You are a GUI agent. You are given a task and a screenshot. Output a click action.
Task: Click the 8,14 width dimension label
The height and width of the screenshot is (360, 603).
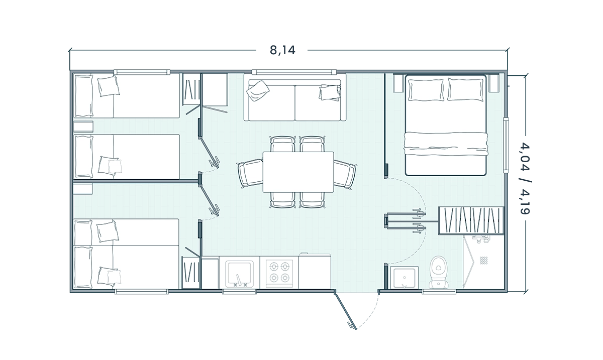(x=282, y=50)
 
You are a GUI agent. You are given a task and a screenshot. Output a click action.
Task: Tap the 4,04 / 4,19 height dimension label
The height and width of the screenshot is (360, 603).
(x=525, y=178)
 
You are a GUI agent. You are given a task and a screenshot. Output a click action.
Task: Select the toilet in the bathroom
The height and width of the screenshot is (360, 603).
(x=439, y=272)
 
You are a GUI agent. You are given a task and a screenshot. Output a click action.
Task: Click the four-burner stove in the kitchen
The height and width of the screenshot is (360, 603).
(x=279, y=272)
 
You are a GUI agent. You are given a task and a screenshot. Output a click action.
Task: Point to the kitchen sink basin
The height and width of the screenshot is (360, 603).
(x=239, y=273)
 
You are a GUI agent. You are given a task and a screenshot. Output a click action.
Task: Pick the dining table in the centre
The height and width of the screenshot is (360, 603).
(x=298, y=172)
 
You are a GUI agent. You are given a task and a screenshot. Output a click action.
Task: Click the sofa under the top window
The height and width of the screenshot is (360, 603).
(x=295, y=100)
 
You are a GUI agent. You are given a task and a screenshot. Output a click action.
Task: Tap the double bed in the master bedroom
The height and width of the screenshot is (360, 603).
(x=446, y=126)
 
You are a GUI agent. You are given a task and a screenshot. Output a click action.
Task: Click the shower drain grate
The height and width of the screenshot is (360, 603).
(x=483, y=260)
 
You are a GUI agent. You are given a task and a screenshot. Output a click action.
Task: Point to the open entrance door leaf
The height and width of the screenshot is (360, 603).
(x=345, y=311)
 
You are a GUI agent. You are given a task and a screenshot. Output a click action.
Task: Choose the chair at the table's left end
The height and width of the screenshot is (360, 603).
(x=250, y=173)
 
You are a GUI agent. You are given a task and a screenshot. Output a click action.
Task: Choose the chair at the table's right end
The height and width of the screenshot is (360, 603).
(x=345, y=174)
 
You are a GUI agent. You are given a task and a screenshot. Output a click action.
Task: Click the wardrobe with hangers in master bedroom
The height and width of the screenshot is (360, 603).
(x=471, y=220)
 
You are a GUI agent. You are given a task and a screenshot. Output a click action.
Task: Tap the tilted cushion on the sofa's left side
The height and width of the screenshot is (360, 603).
(x=258, y=91)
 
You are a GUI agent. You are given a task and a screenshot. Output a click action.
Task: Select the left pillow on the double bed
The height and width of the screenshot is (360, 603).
(x=426, y=90)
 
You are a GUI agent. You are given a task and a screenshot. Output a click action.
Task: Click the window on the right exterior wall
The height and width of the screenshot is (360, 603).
(x=506, y=145)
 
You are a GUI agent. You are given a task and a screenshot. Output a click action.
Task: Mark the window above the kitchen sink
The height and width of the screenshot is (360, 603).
(x=239, y=292)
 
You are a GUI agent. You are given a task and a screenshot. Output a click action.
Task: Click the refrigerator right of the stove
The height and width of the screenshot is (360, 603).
(x=315, y=272)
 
